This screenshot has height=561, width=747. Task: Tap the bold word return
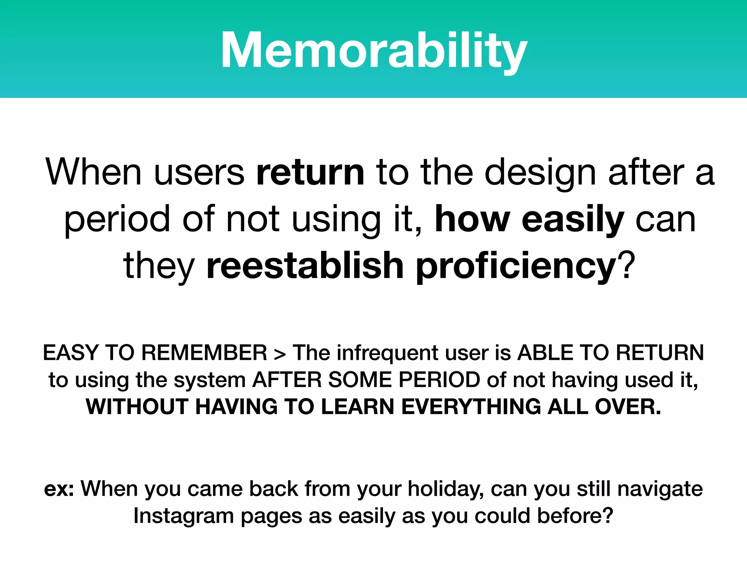coord(310,172)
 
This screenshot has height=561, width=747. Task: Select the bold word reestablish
coord(305,266)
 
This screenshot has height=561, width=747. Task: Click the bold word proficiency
coord(516,266)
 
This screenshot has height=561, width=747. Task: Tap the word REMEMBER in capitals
coord(204,353)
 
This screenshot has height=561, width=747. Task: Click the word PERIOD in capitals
coord(439,380)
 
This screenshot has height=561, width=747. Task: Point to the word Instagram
coord(183,516)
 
